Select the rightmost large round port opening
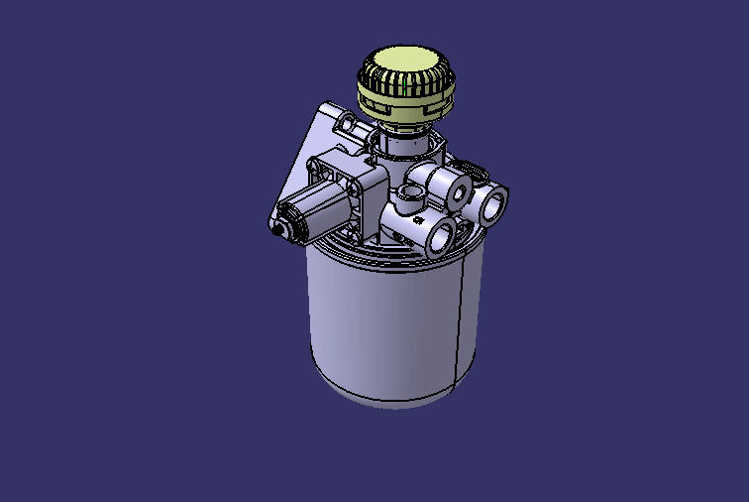point(492,205)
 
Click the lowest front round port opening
point(439,236)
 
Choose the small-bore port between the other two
point(459,191)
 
